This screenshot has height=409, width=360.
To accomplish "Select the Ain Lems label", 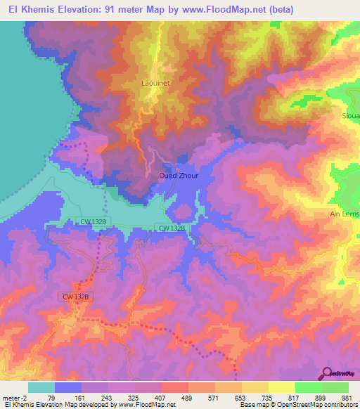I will pos(345,214).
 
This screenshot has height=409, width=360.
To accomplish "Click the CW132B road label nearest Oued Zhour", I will pos(171,228).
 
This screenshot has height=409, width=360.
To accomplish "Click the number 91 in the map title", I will pos(113,10).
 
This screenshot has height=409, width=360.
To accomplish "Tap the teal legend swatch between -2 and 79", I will pos(41,387).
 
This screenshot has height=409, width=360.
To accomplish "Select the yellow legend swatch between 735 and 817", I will pos(282,387).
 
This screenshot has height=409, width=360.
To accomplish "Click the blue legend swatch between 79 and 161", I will pos(68,387).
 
